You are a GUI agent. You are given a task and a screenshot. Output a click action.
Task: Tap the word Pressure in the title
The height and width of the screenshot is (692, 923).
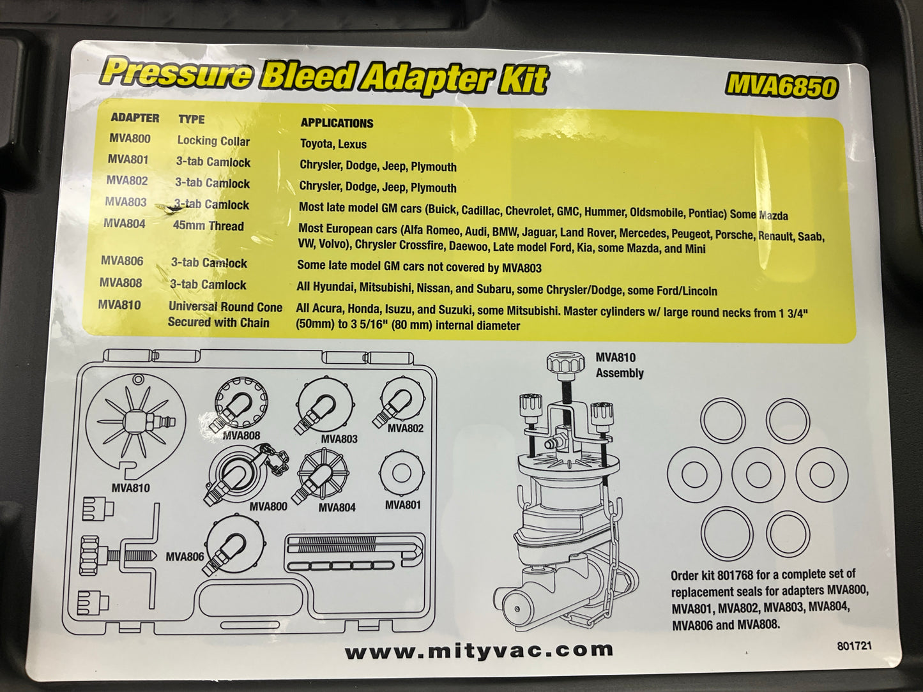click(176, 71)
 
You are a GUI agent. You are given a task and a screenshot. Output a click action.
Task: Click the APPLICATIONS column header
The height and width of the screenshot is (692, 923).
click(337, 123)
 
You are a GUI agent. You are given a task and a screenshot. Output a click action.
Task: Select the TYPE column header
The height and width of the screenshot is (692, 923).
click(192, 119)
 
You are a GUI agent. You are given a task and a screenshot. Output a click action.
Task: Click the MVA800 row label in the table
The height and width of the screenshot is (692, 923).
click(130, 139)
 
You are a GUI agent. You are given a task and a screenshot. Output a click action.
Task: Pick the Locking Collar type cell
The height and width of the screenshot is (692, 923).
click(213, 140)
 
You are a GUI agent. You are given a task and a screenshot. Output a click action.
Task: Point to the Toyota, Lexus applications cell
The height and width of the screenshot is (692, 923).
click(333, 144)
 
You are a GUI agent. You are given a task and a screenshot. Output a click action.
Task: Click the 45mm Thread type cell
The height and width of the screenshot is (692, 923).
click(208, 225)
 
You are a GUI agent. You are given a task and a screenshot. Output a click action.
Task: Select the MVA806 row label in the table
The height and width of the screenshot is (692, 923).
click(122, 261)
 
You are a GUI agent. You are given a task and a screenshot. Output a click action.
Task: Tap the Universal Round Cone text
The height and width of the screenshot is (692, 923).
click(225, 306)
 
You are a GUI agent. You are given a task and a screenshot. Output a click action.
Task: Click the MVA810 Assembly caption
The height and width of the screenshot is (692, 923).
click(619, 365)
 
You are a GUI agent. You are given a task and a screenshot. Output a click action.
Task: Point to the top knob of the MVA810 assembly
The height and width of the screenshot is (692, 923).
click(566, 363)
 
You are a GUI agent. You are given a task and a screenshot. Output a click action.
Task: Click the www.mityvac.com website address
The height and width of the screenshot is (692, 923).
click(478, 651)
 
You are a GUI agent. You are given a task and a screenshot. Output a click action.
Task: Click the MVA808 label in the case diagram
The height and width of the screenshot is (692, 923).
click(241, 436)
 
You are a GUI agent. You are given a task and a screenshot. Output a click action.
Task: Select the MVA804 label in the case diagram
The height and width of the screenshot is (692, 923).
click(337, 507)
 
